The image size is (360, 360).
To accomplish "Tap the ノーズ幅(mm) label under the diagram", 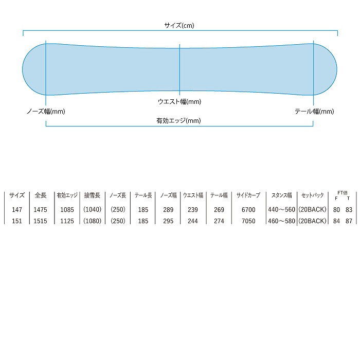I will (46, 111).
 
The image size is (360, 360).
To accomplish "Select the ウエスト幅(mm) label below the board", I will (179, 102).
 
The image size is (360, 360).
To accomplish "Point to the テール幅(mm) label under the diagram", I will (314, 111).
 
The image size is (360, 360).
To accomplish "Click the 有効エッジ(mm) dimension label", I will (178, 121).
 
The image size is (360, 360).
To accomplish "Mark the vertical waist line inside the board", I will (179, 67).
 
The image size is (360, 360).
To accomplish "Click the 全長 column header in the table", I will (41, 195).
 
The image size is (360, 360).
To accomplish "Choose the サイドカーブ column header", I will (248, 195).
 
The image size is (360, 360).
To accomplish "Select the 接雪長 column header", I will (93, 195).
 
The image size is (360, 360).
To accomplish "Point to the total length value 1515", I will (41, 221).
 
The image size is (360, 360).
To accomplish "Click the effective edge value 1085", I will (67, 210).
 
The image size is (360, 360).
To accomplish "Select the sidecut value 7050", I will (248, 221).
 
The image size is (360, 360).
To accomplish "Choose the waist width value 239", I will (193, 210).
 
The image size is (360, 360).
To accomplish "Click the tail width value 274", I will (219, 221).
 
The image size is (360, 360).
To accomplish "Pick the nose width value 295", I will (168, 221).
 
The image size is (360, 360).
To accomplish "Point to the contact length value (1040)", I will (93, 210).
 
